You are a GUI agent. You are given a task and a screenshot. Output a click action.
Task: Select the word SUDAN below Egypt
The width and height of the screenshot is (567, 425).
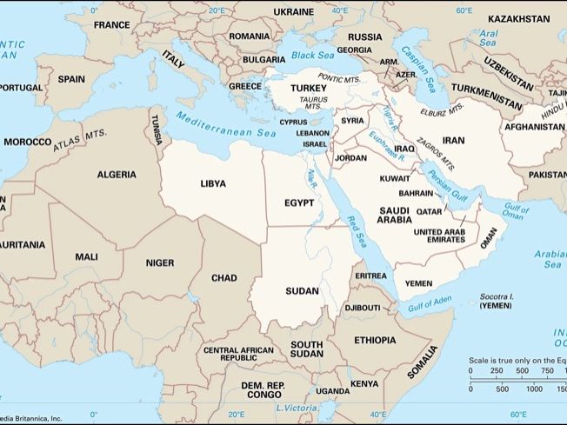point(301,290)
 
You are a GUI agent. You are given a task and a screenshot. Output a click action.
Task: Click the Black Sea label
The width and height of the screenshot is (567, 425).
point(313,55)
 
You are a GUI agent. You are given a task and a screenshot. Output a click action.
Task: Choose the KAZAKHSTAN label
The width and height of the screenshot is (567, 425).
point(518,18)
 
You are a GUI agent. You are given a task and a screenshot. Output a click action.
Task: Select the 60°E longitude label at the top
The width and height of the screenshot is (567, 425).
point(464,10)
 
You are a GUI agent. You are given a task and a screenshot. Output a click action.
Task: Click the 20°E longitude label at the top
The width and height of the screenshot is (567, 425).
point(216,10)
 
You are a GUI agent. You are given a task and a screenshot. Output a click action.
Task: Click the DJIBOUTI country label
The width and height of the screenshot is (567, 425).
point(362,308)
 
